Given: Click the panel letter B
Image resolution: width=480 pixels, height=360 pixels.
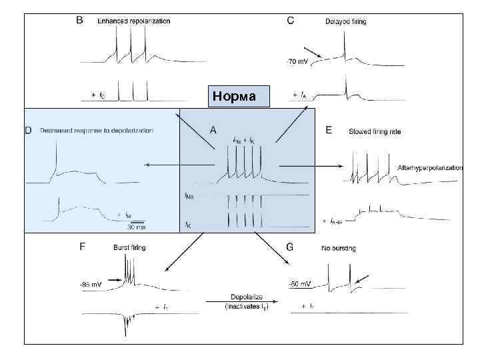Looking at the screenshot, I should tap(79, 21).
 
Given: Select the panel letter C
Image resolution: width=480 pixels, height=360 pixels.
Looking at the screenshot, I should tap(290, 21).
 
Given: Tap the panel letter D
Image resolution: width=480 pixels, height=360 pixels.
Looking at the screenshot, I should tap(28, 130).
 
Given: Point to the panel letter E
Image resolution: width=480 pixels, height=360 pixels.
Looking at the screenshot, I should tap(328, 130).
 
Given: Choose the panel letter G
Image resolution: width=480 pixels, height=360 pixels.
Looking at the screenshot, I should tap(289, 247).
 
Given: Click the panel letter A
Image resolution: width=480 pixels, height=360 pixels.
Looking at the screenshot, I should tap(213, 130).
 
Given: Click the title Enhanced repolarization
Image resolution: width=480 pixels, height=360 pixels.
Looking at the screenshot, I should tap(133, 21).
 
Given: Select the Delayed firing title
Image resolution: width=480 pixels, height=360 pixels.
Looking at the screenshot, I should tap(345, 22).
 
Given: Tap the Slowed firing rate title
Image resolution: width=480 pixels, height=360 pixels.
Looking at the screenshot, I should tap(375, 131).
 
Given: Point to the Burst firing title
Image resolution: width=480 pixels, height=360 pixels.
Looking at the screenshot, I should tap(129, 248).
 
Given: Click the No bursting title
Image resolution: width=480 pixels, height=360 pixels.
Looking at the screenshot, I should tap(339, 248).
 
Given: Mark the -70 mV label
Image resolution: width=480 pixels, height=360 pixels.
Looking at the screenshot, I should tap(297, 62).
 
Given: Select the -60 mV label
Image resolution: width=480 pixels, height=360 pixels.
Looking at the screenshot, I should tap(300, 284).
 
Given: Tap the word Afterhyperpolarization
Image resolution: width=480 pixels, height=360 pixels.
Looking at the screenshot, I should tap(429, 167).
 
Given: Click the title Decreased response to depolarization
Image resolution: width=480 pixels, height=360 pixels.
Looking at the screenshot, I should tap(97, 131).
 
